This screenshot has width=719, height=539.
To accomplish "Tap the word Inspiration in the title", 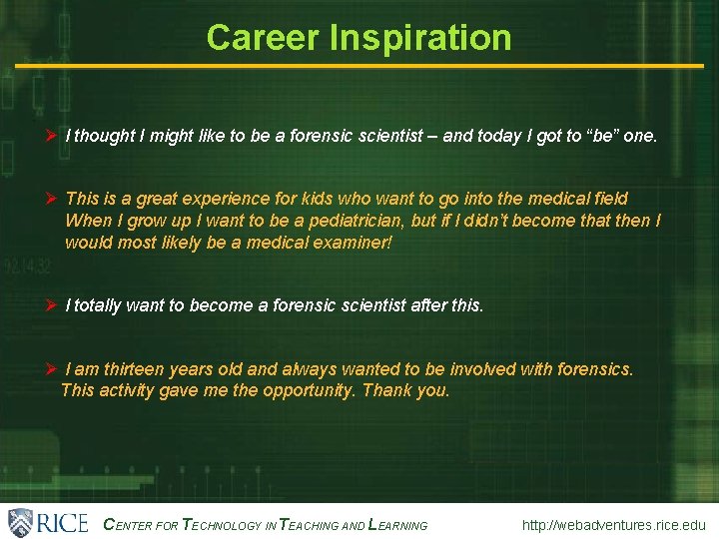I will tap(418, 38).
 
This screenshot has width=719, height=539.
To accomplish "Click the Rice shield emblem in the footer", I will tap(21, 522).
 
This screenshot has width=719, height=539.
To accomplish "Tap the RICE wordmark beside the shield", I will tap(63, 522).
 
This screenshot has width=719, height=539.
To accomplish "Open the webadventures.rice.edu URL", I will tap(613, 525).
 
